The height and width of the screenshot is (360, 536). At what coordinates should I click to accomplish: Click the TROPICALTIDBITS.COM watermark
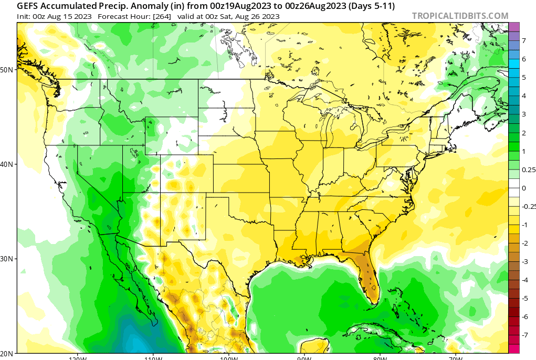(x=460, y=16)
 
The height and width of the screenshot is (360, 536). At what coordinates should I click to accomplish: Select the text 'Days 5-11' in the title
(x=374, y=6)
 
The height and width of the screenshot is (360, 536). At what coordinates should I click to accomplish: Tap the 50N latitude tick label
(x=7, y=69)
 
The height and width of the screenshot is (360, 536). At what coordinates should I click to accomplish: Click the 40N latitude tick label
(x=7, y=164)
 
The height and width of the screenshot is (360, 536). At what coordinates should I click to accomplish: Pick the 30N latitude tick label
(x=7, y=259)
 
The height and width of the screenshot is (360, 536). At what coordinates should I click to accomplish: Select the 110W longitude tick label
(x=153, y=358)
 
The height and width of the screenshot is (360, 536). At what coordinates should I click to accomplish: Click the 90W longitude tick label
(x=304, y=358)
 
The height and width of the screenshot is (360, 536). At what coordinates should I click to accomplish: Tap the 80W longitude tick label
(x=381, y=358)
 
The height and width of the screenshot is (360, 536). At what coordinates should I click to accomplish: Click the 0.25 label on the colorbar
(x=528, y=170)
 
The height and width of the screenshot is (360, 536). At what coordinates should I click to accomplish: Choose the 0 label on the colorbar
(x=523, y=188)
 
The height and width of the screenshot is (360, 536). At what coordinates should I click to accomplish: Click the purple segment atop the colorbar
(x=514, y=27)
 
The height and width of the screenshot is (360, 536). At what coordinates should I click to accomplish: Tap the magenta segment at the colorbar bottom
(x=514, y=348)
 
